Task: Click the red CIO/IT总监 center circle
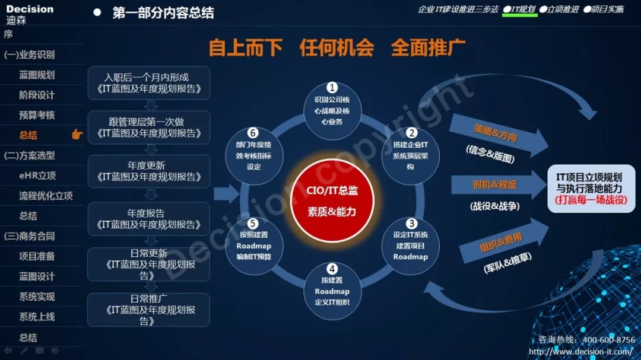coord(332,200)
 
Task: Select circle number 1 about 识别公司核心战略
coord(332,111)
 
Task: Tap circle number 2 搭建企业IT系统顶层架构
coord(411,156)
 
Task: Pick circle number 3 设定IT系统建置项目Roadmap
coord(411,246)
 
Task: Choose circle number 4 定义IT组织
coord(332,291)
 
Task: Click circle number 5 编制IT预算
coord(254,246)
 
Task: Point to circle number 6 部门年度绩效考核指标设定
coord(254,156)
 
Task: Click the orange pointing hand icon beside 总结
coord(77,135)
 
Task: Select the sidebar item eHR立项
coord(37,176)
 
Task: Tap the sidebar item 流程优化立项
coord(46,196)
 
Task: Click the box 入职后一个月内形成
coord(149,83)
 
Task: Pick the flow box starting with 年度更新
coord(149,171)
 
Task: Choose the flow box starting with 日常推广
coord(149,310)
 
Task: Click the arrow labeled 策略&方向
coord(499,135)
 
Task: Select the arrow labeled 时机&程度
coord(499,184)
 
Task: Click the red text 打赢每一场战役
coord(591,200)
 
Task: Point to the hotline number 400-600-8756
coord(609,340)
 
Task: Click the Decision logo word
coord(30,9)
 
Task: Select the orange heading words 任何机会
coord(337,48)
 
